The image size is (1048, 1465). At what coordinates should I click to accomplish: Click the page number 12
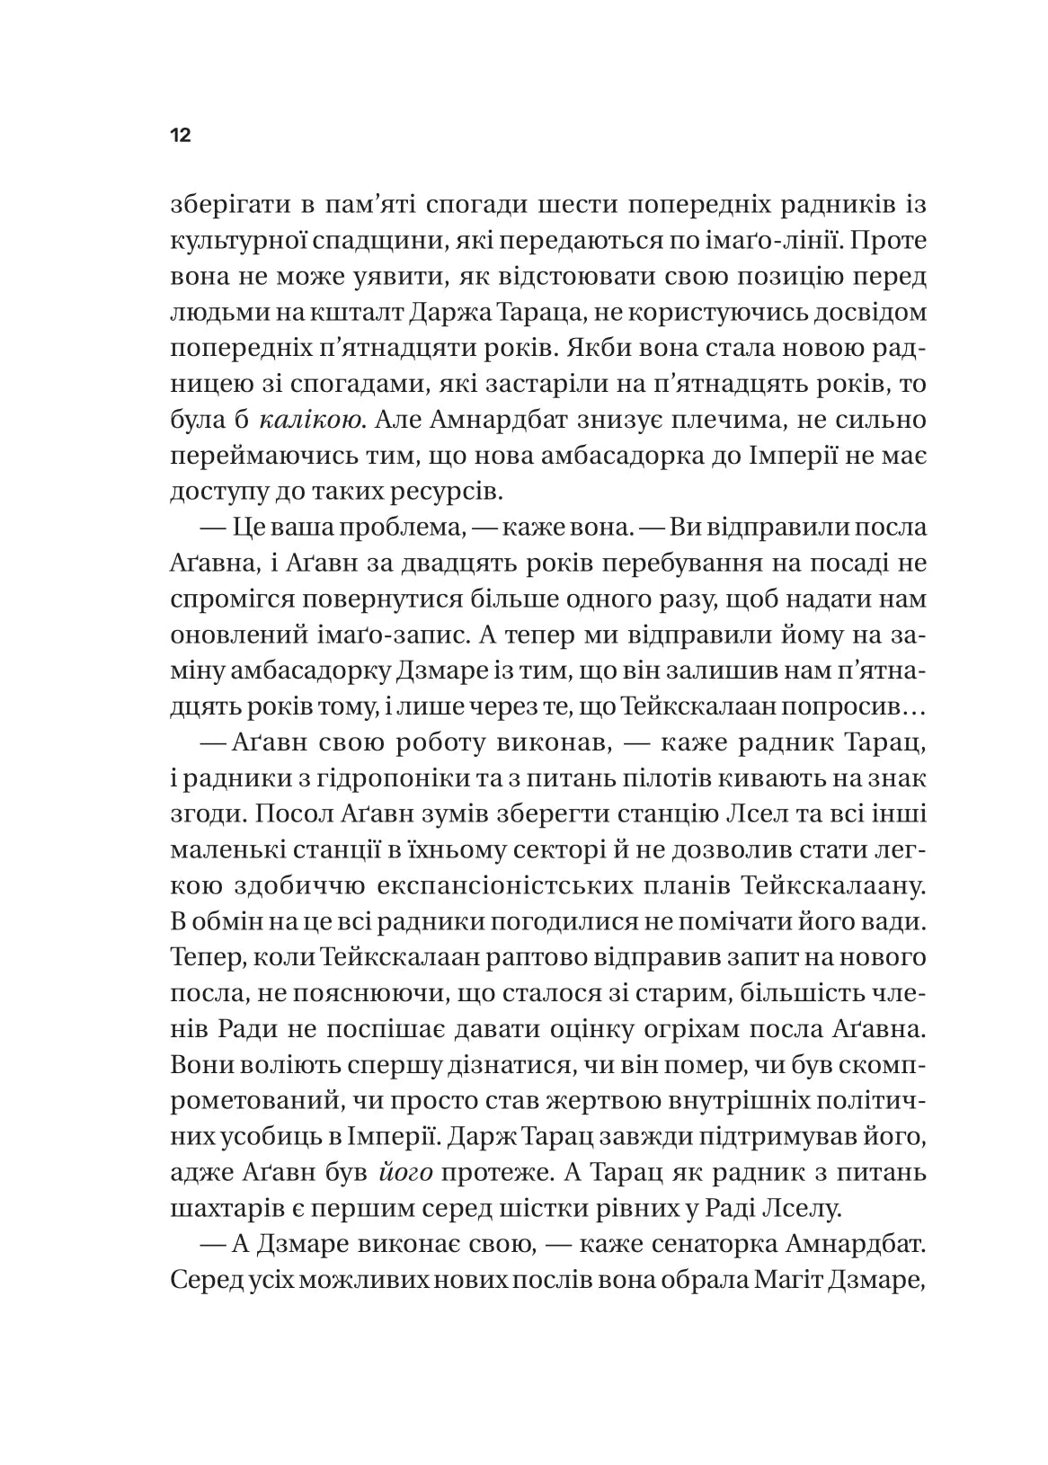coord(180,137)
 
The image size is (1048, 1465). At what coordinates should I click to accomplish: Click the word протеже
coord(502,1172)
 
